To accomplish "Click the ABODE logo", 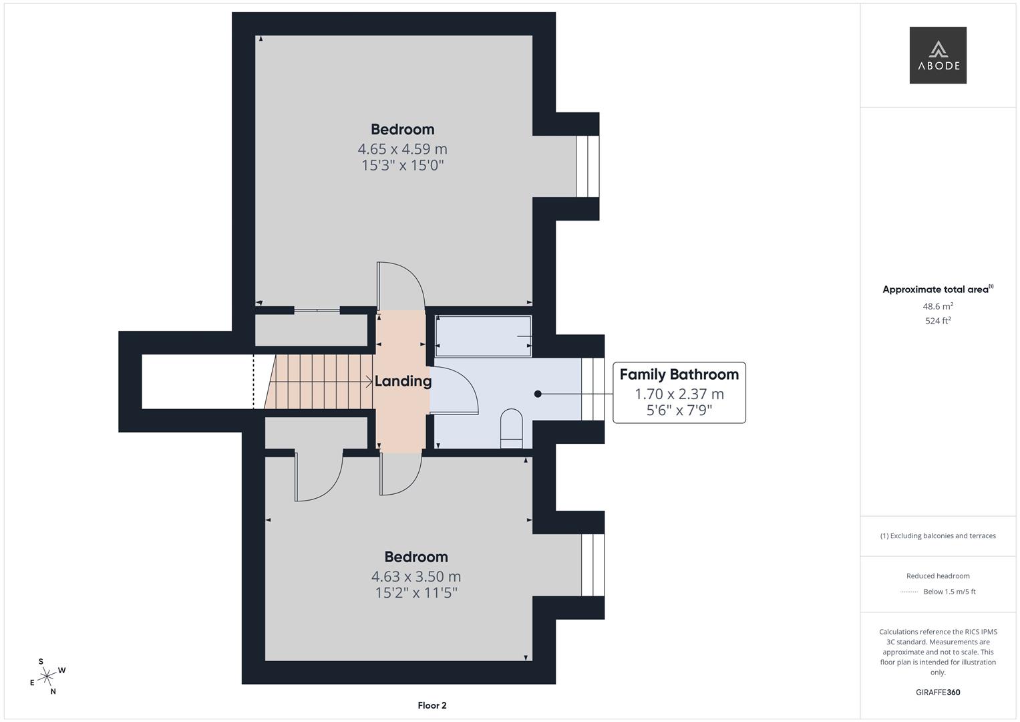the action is [938, 55].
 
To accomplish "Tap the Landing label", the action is [403, 381].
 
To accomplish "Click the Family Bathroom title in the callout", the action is [679, 374].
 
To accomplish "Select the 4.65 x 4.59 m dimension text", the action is [403, 149].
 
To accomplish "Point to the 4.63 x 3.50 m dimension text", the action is [416, 576].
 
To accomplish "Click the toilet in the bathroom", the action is [512, 429].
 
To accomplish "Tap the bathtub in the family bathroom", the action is [483, 336].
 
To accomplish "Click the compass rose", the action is [47, 677].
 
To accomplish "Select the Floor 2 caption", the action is [432, 705].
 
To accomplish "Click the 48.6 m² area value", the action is [938, 306].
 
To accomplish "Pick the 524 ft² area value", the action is [938, 320].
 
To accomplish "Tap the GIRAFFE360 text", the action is [938, 693].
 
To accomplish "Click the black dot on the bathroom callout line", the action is [538, 394].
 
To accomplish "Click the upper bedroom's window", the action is [587, 166].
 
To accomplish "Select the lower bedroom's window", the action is [593, 565].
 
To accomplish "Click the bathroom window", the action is [593, 389].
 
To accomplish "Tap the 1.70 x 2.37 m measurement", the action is [679, 394].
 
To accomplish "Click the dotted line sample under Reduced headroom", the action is [909, 592].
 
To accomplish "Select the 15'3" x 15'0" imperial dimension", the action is [403, 165].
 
